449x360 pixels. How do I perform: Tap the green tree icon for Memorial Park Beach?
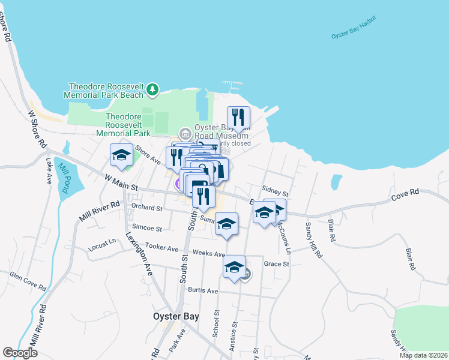coord(153,90)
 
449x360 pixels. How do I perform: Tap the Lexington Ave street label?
coord(139,253)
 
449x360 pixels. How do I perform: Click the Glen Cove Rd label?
coord(28,280)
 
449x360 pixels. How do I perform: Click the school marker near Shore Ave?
coord(121,155)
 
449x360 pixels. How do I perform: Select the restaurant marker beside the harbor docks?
coord(238,117)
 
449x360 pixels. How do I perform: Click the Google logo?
coord(20,353)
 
